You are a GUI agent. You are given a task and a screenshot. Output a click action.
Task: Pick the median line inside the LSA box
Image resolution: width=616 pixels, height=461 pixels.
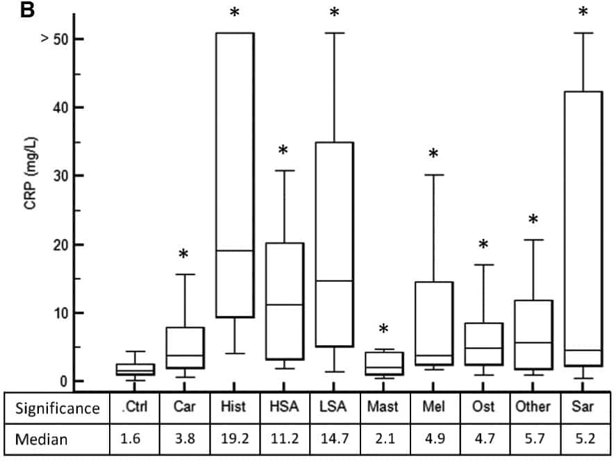[333, 280]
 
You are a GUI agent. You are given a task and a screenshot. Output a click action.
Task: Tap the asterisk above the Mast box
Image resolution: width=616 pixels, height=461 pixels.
[383, 329]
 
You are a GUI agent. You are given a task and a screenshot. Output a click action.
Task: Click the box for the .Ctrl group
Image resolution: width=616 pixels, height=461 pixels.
[135, 369]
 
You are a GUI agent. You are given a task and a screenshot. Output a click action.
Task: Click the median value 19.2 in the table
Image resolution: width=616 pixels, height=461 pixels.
[234, 439]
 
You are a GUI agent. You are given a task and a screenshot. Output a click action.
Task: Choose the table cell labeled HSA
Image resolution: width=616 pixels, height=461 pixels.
[283, 408]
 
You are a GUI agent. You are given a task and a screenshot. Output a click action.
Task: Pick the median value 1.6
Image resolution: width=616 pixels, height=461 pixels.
[135, 439]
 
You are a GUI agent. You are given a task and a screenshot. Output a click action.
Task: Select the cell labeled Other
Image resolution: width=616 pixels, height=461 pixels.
[533, 408]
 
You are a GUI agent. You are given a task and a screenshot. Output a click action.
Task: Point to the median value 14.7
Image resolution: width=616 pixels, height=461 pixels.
[333, 439]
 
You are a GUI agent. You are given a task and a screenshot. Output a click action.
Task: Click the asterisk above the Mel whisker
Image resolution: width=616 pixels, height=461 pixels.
[433, 154]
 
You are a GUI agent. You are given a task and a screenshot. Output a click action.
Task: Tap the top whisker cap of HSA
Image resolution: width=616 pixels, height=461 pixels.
[283, 171]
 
